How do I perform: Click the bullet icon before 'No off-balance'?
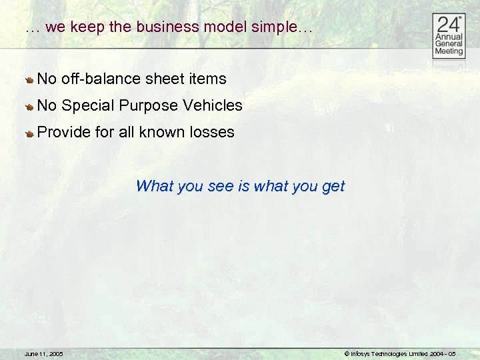[x=30, y=80]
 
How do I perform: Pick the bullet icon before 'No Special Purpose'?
[x=30, y=107]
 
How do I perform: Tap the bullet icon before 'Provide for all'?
[x=30, y=133]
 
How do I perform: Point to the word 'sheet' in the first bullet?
[x=163, y=79]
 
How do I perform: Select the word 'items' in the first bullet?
[x=207, y=79]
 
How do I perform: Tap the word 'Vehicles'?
[x=211, y=106]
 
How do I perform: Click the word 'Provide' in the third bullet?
[x=64, y=133]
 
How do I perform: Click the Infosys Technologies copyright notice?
[x=399, y=353]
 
